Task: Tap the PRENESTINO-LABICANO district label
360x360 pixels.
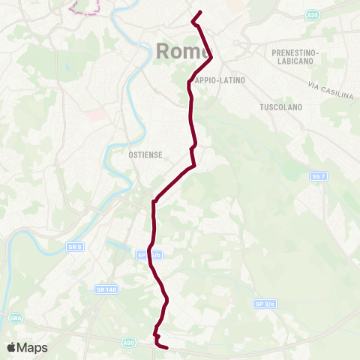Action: click(298, 58)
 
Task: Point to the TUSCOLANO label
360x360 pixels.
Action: click(280, 107)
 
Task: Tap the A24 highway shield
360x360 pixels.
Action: click(312, 14)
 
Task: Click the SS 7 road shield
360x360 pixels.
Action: click(318, 176)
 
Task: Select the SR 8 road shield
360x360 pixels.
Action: click(73, 247)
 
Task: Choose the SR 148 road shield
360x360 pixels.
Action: click(103, 289)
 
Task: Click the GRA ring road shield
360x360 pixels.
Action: click(16, 318)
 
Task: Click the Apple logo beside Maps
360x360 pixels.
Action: click(12, 347)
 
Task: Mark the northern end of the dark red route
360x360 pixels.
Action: click(200, 12)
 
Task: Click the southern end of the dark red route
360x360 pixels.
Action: click(165, 347)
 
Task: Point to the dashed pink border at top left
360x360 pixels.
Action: click(85, 9)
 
